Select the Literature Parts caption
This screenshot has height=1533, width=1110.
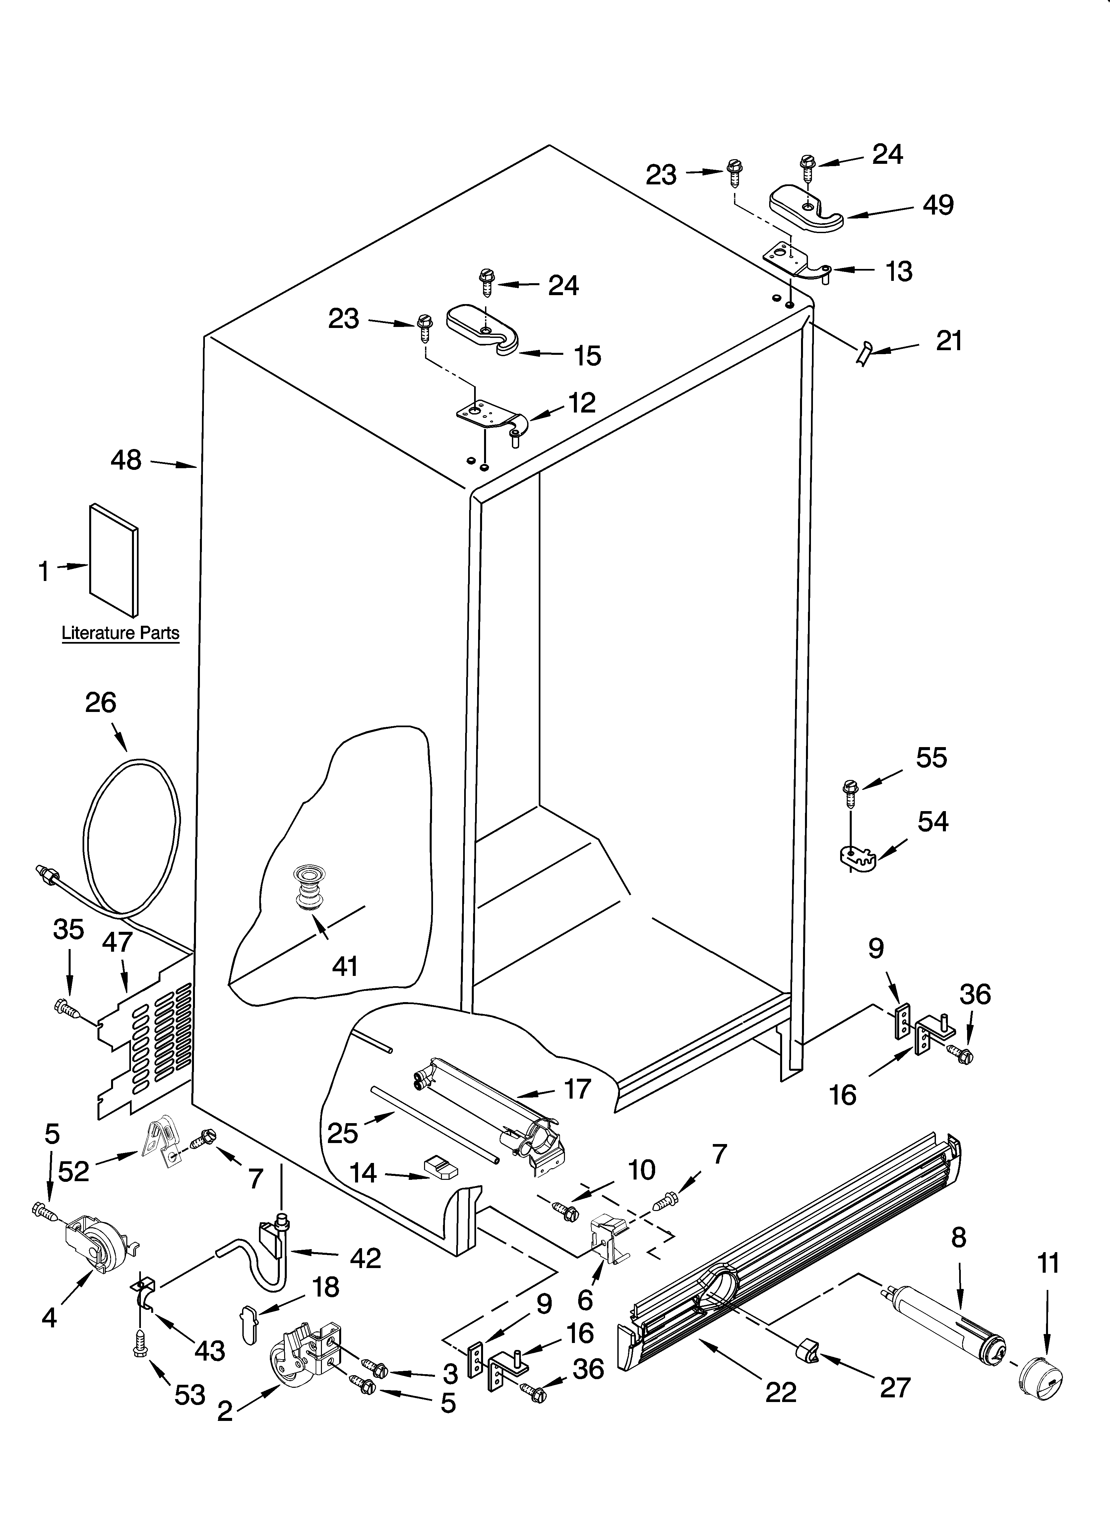120,633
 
